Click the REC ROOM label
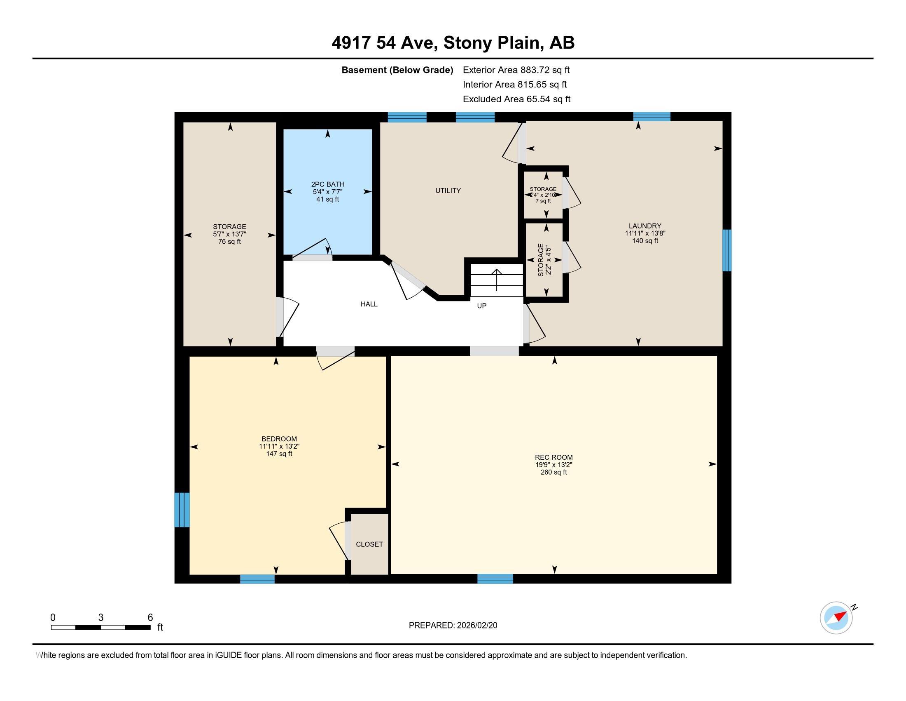(x=553, y=457)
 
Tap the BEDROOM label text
(x=279, y=439)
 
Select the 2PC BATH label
(x=328, y=184)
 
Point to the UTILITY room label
(x=448, y=191)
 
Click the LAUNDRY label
(x=644, y=226)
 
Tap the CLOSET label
(x=369, y=544)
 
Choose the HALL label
(x=369, y=304)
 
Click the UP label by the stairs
(x=482, y=306)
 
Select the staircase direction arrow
(x=497, y=280)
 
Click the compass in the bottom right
(x=837, y=618)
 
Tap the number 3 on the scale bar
(x=101, y=618)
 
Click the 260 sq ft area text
(x=553, y=472)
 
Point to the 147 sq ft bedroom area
(x=279, y=454)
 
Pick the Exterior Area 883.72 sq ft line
(x=516, y=70)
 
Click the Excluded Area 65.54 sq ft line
(x=516, y=99)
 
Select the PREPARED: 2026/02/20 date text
(x=453, y=625)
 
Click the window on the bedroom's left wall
(x=182, y=510)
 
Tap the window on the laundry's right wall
(x=727, y=250)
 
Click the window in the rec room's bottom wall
(x=495, y=579)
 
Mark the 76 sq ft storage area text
(x=229, y=242)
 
